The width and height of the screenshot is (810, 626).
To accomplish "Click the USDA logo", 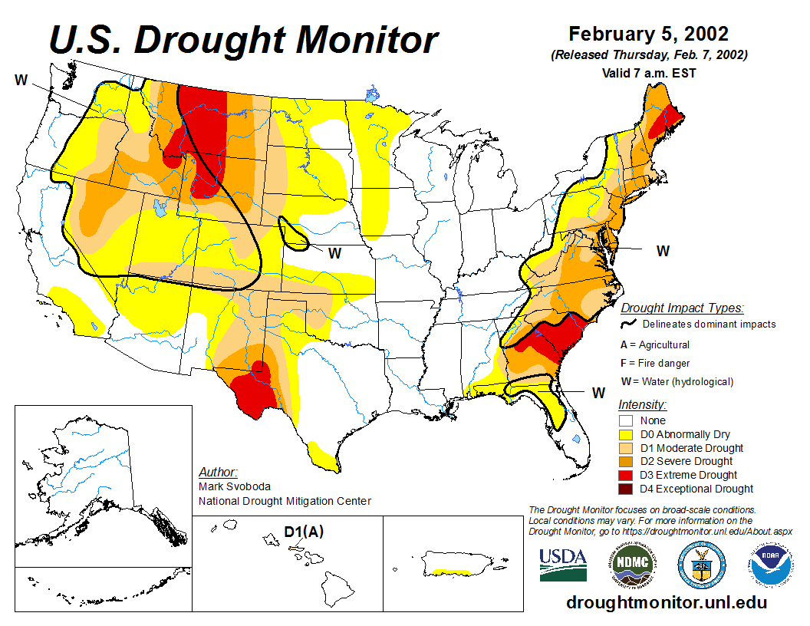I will (x=563, y=565).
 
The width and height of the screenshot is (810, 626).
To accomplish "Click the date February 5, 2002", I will (x=648, y=35).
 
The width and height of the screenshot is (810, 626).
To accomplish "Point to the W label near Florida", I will (x=598, y=392).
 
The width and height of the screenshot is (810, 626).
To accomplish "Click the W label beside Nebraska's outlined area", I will (x=334, y=252).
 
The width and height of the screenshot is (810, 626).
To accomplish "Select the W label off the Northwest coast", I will (x=21, y=79).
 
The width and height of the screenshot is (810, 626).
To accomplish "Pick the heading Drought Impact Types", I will (x=682, y=308).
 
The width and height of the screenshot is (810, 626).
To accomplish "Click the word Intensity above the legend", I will (x=642, y=404).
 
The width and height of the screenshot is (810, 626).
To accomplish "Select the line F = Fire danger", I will (x=655, y=363).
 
